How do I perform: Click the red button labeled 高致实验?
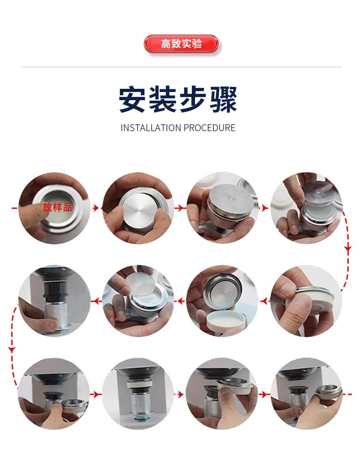point(181,44)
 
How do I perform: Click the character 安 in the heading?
point(132,99)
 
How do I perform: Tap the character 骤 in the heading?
point(223,99)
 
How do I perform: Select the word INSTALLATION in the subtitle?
point(151,128)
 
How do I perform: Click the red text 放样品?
point(57,207)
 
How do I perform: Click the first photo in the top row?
point(54,208)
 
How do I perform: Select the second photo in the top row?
point(138,208)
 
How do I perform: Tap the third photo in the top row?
point(222,208)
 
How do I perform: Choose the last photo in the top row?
point(306,208)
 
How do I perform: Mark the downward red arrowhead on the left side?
point(12,349)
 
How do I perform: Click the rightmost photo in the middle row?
point(306,301)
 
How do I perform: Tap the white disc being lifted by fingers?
point(140,284)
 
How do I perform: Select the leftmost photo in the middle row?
point(54,301)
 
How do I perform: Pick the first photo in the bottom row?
point(54,394)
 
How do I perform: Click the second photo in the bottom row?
point(138,394)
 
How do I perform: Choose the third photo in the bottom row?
point(222,394)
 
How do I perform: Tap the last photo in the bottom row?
point(306,394)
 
